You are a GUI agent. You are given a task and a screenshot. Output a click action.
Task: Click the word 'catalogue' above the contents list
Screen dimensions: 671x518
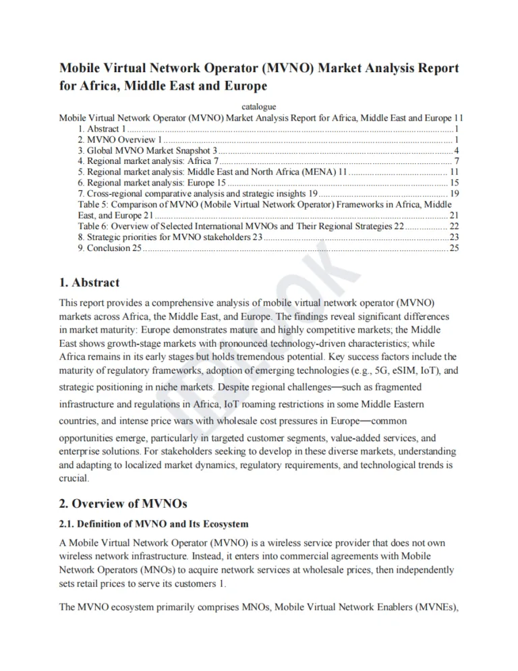(x=258, y=106)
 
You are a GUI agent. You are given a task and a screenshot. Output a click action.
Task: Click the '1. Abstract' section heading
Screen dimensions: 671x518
(x=90, y=283)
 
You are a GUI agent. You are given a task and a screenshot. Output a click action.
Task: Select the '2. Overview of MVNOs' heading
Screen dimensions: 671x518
(x=122, y=503)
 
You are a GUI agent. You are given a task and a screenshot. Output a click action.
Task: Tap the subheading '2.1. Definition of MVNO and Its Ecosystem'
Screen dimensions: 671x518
(x=154, y=524)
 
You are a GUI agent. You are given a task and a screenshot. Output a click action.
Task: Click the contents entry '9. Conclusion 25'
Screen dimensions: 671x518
(x=110, y=248)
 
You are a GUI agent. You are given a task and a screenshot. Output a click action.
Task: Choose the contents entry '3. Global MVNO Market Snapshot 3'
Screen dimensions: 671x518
(x=148, y=150)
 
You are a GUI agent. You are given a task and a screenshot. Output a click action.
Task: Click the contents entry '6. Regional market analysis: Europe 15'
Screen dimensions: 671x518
(x=152, y=183)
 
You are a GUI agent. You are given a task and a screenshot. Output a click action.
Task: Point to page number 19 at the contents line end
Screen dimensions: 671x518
(x=454, y=194)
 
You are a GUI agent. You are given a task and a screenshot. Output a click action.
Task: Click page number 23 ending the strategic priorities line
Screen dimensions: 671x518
(x=454, y=237)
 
